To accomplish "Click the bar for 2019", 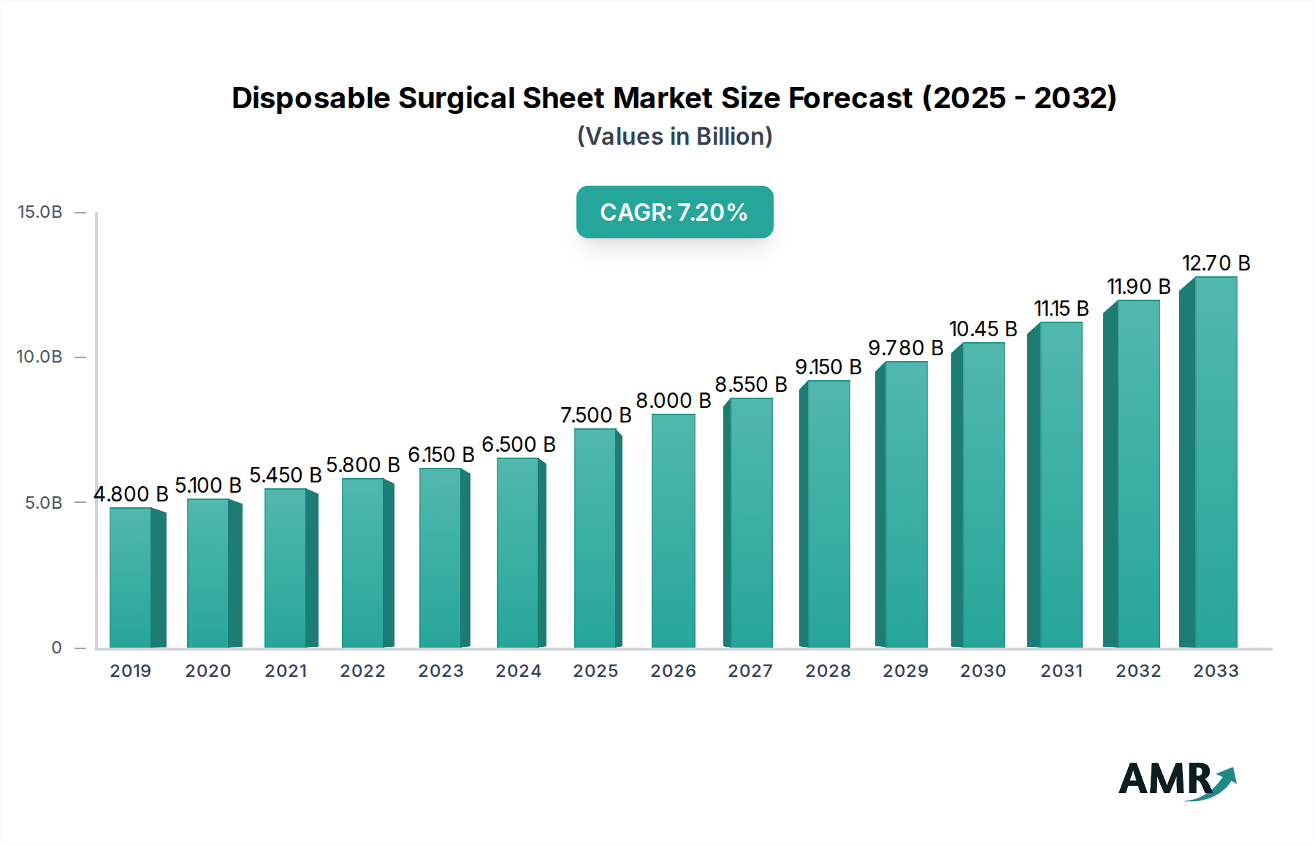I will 131,577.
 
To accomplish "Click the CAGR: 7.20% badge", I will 674,212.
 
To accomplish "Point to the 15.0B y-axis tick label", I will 40,212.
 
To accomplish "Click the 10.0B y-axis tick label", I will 40,357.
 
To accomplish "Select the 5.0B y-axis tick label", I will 44,503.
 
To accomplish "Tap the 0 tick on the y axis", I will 57,648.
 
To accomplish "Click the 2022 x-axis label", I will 362,671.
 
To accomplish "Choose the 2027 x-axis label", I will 750,671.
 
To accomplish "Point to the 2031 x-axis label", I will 1061,671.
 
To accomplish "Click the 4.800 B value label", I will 131,494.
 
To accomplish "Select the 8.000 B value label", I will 674,401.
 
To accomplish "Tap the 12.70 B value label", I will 1216,263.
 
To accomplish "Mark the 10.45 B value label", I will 983,329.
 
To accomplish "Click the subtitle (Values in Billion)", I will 674,137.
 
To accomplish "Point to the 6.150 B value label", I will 441,455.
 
